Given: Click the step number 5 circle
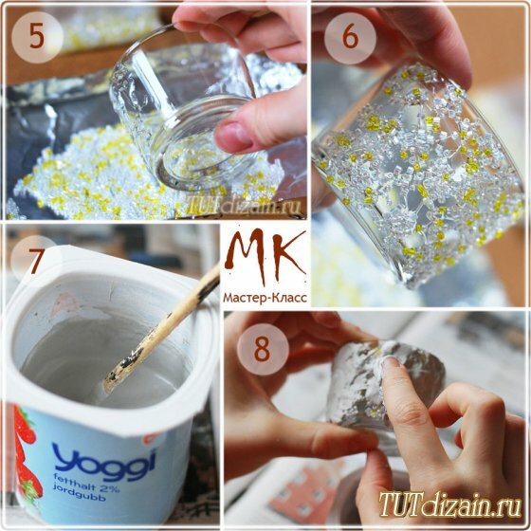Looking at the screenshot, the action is (x=37, y=37).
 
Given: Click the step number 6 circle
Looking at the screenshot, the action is (x=350, y=38).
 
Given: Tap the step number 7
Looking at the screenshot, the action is (x=36, y=262).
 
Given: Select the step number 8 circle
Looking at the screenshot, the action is (x=263, y=349).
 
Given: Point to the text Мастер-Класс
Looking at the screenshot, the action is (x=265, y=298).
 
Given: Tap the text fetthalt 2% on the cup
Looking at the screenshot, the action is (x=84, y=480).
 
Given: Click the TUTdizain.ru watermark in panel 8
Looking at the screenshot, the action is (x=450, y=504).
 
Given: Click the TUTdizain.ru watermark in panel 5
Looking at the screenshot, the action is (x=244, y=204).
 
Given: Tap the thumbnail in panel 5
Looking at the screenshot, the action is (x=232, y=136).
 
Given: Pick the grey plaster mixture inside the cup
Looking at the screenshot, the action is (x=101, y=360).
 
